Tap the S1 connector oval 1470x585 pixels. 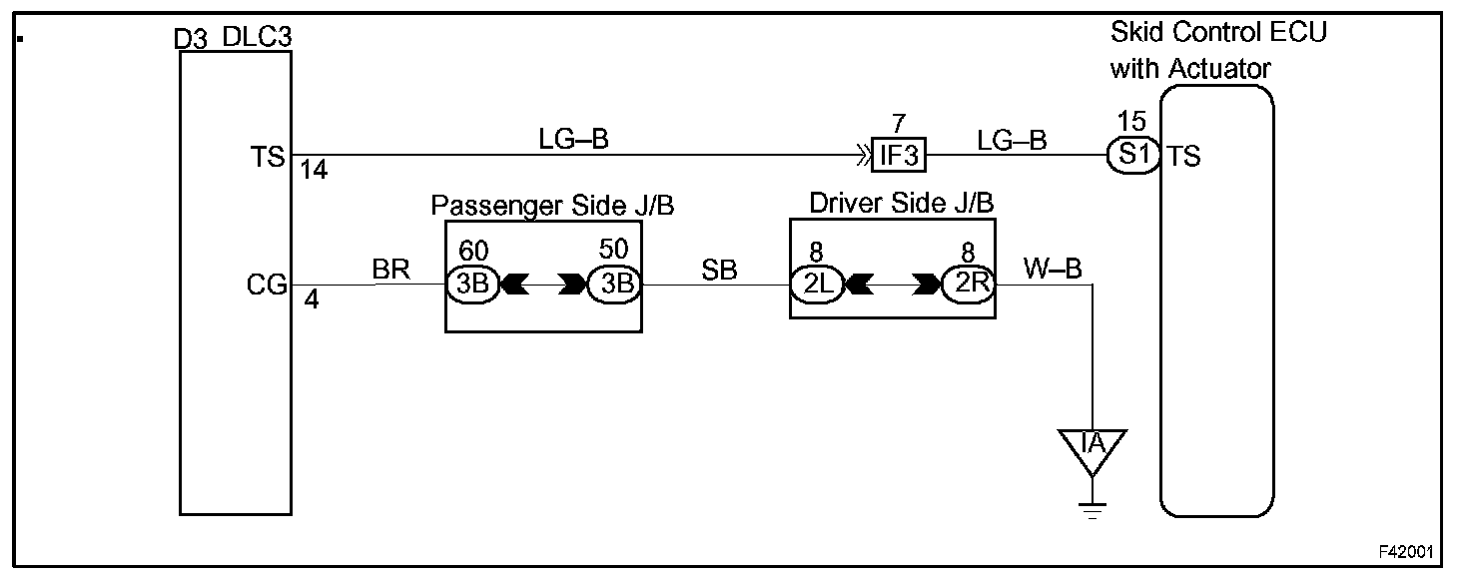[x=1132, y=156]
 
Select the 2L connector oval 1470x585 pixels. [x=818, y=285]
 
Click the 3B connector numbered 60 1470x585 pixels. [x=472, y=285]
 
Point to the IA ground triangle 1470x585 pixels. [x=1094, y=442]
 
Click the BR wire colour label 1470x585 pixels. [x=390, y=269]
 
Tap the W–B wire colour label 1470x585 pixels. [x=1047, y=269]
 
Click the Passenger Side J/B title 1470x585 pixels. [x=552, y=206]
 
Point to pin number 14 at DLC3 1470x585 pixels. [x=314, y=171]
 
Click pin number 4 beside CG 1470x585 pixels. [x=311, y=298]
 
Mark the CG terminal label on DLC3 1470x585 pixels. [x=267, y=286]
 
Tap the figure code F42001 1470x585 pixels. [x=1408, y=551]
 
